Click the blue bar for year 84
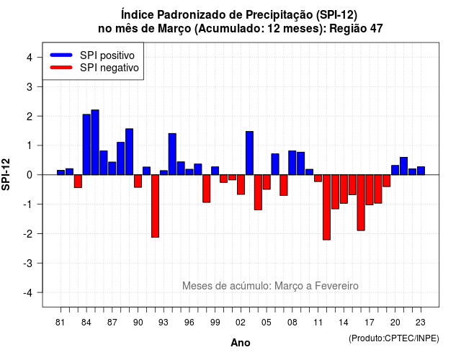[86, 145]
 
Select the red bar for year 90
[138, 181]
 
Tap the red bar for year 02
[241, 184]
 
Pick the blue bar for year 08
[292, 163]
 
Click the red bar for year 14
[344, 189]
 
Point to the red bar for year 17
[370, 189]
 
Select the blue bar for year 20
[395, 170]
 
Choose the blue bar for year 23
[421, 171]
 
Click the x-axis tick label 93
[164, 323]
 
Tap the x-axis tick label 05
[267, 323]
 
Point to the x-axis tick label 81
[60, 323]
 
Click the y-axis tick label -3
[28, 264]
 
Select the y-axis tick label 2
[30, 117]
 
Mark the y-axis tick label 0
[30, 175]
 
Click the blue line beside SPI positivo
[61, 55]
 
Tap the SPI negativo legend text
[109, 68]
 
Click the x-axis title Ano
[241, 343]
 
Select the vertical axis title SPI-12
[6, 174]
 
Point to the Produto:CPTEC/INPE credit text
[394, 338]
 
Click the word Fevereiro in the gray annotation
[336, 286]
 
